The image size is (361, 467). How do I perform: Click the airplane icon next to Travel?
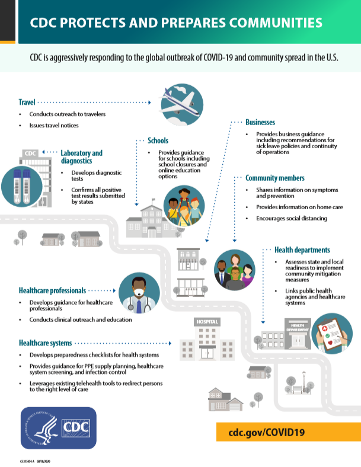(x=181, y=104)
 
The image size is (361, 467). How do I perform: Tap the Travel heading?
(x=27, y=102)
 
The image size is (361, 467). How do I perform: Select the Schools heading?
(x=158, y=141)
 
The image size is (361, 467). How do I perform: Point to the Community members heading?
(x=275, y=178)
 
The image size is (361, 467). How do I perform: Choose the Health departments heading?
(x=302, y=250)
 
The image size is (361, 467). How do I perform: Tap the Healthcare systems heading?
(x=46, y=343)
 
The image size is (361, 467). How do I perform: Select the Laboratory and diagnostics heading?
(x=81, y=156)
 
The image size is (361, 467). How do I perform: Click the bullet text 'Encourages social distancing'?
(x=291, y=219)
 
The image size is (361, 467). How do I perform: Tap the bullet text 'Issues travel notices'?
(x=54, y=126)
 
